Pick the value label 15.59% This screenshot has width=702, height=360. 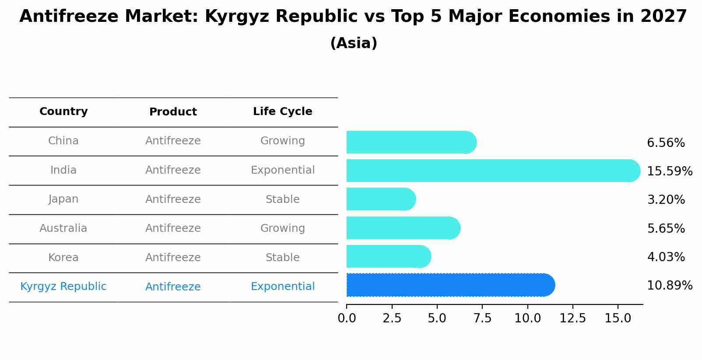(x=669, y=171)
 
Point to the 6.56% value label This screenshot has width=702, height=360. (x=666, y=143)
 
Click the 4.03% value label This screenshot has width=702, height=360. (x=666, y=257)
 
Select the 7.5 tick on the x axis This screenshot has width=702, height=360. (x=482, y=318)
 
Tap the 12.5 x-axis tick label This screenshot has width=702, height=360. (x=572, y=318)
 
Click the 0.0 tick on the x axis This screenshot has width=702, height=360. (x=347, y=318)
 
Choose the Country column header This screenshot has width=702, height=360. (x=63, y=112)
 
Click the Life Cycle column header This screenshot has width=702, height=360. (x=282, y=112)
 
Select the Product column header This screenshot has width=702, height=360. (x=173, y=112)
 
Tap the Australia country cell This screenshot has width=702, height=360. (x=63, y=228)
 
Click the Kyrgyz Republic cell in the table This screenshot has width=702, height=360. (x=63, y=287)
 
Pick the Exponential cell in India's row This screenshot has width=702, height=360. (x=282, y=170)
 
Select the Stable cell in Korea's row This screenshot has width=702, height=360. (x=282, y=258)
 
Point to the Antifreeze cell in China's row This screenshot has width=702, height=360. (x=173, y=141)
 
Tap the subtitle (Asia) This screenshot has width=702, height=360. (x=354, y=43)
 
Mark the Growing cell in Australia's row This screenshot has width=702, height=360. (x=282, y=228)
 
